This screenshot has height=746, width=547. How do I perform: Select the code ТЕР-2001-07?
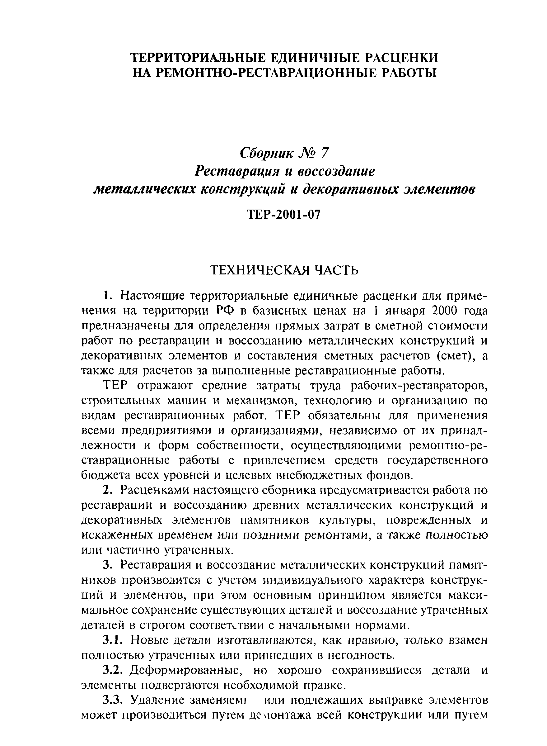coord(284,215)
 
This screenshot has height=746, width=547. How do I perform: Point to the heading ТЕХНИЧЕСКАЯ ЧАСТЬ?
coord(285,270)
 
